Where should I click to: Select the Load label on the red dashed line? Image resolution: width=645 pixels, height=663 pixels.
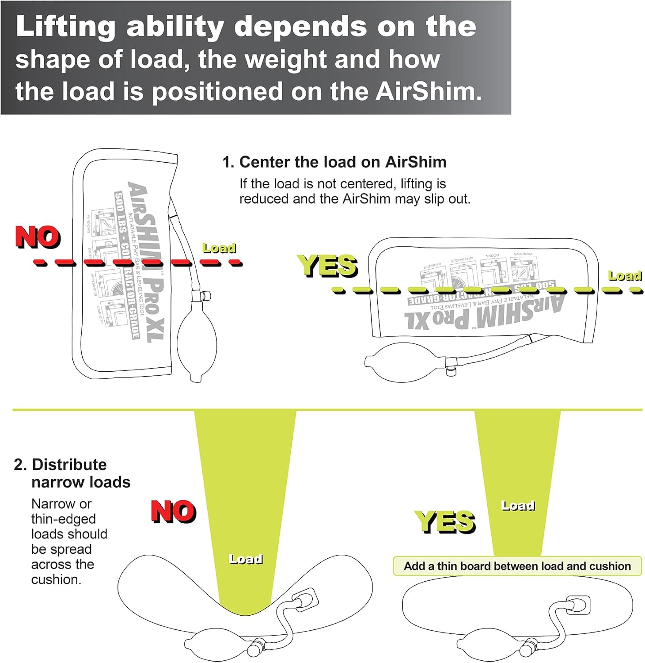[x=219, y=248]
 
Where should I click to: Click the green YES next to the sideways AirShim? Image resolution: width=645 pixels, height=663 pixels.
[x=327, y=266]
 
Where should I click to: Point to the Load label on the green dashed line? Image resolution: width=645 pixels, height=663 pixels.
[x=625, y=276]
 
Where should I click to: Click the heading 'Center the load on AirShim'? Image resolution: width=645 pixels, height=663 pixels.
[x=334, y=162]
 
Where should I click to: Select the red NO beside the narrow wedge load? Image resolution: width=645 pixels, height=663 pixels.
[x=173, y=511]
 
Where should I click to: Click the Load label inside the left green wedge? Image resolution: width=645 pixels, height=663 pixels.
[x=246, y=559]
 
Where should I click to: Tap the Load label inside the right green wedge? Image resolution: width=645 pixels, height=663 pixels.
[x=518, y=505]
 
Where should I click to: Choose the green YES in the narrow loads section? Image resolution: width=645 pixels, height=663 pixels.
[x=444, y=521]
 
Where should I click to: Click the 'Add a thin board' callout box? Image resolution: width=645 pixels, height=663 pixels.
[x=517, y=566]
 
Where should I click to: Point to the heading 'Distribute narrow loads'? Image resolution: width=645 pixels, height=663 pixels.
[x=72, y=473]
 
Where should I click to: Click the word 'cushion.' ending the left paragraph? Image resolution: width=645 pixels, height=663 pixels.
[x=56, y=579]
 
